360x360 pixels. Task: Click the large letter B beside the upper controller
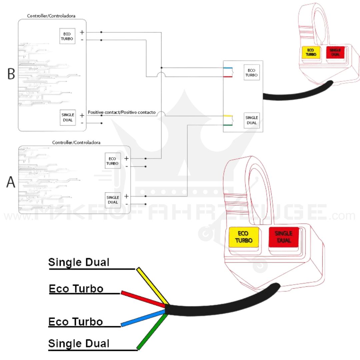pyautogui.click(x=11, y=74)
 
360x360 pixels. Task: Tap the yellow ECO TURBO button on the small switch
pyautogui.click(x=310, y=52)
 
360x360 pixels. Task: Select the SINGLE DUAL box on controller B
pyautogui.click(x=68, y=118)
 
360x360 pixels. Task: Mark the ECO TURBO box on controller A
pyautogui.click(x=113, y=161)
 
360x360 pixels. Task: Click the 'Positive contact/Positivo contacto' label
pyautogui.click(x=122, y=113)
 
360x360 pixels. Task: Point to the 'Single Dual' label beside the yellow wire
pyautogui.click(x=79, y=262)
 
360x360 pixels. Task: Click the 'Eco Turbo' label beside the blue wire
pyautogui.click(x=76, y=322)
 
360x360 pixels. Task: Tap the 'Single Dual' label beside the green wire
pyautogui.click(x=79, y=343)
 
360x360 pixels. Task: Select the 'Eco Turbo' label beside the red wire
pyautogui.click(x=76, y=289)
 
